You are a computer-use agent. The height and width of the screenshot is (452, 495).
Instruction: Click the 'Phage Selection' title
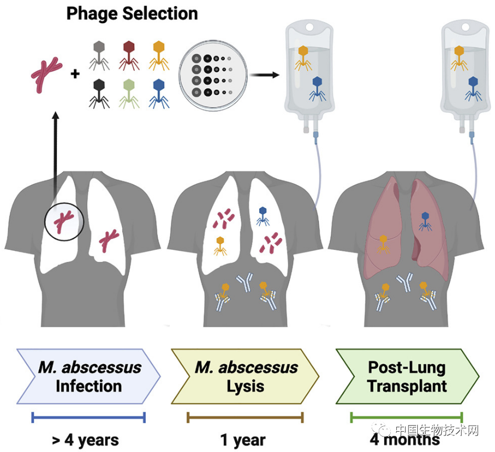pyautogui.click(x=132, y=13)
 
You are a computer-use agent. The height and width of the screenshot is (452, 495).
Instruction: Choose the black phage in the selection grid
pyautogui.click(x=99, y=92)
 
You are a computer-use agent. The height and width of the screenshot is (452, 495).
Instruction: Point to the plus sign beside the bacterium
pyautogui.click(x=75, y=73)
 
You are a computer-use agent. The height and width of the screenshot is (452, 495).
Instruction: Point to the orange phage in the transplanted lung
pyautogui.click(x=383, y=243)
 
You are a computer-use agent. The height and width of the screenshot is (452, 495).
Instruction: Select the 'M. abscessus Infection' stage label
pyautogui.click(x=89, y=376)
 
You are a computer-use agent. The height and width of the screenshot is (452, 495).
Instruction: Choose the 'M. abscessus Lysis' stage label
pyautogui.click(x=246, y=376)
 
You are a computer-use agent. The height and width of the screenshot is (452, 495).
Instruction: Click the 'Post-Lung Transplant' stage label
pyautogui.click(x=407, y=376)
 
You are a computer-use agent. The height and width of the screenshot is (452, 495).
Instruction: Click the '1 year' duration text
pyautogui.click(x=243, y=439)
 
